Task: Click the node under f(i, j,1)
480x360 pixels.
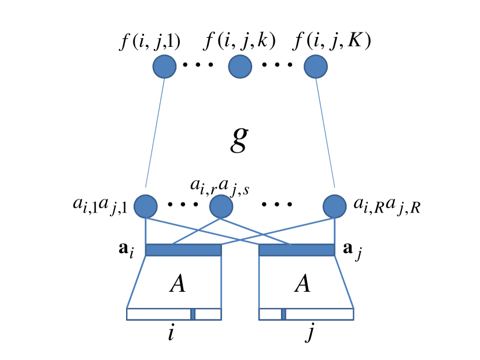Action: (164, 67)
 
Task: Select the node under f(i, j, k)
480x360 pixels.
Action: (240, 67)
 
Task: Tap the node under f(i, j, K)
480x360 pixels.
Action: (316, 67)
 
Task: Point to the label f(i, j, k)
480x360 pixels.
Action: (240, 42)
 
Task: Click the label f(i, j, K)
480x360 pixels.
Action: (331, 42)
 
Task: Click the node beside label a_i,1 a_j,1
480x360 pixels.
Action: (145, 206)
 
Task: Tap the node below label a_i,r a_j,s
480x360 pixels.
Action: (220, 206)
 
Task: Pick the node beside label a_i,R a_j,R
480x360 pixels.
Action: (334, 206)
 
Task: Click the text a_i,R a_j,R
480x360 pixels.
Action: (386, 206)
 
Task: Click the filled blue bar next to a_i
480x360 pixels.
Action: (183, 250)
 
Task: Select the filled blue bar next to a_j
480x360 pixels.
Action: (297, 250)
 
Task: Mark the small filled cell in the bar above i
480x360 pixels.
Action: (193, 314)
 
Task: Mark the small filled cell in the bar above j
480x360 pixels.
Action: (283, 314)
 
